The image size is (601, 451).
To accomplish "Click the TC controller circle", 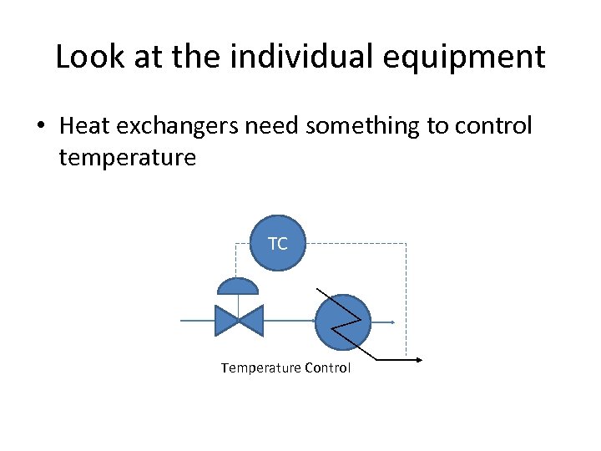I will click(x=278, y=244).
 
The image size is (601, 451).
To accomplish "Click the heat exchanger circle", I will click(x=342, y=322).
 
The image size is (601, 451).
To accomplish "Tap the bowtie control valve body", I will click(x=239, y=321).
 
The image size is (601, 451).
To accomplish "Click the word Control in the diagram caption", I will click(x=328, y=367).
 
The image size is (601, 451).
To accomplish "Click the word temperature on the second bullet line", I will click(x=127, y=157).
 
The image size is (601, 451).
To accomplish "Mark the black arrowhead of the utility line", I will click(x=418, y=361).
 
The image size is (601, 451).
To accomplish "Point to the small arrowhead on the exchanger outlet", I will click(x=391, y=322).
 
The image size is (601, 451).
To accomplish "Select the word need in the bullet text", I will click(x=272, y=126).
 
